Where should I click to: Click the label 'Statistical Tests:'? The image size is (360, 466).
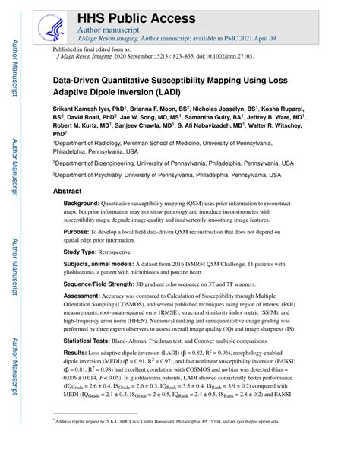click(x=90, y=342)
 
